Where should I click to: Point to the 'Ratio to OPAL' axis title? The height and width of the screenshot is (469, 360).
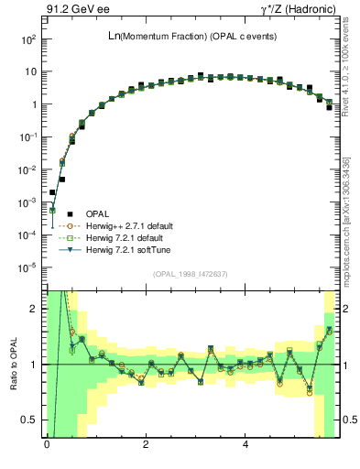[x=14, y=365]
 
